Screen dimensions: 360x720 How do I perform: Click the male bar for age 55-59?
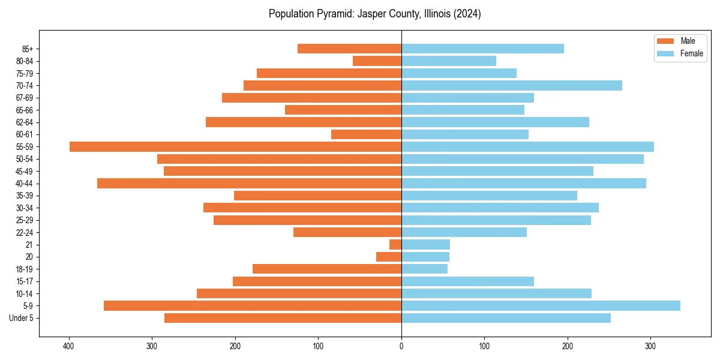tap(235, 147)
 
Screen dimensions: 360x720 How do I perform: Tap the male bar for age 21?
tap(395, 245)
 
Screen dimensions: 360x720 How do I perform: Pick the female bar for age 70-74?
tap(512, 86)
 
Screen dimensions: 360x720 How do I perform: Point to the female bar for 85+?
tap(482, 49)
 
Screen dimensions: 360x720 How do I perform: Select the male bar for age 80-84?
tap(377, 61)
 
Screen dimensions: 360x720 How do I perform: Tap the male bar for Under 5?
tap(283, 318)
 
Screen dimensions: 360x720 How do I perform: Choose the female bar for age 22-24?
tap(464, 232)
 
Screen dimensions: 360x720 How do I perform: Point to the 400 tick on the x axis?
tap(70, 346)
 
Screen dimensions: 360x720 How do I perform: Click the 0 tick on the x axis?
tap(401, 346)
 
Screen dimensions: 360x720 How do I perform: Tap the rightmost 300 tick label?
tap(650, 346)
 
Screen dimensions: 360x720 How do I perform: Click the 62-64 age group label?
tap(25, 122)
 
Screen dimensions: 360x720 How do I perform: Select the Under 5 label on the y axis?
tap(21, 318)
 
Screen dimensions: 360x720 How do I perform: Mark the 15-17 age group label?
tap(25, 281)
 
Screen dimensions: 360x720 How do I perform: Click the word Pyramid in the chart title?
tap(337, 14)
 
